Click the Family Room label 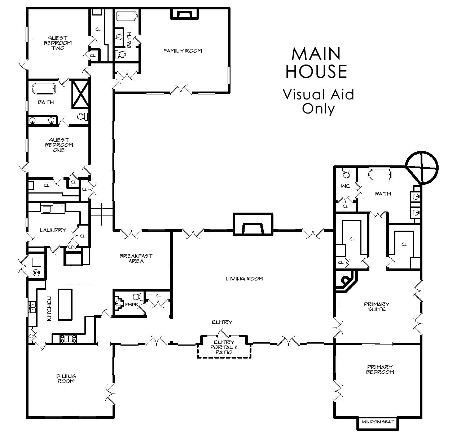[x=183, y=51]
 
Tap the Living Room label [x=245, y=279]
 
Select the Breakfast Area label [x=136, y=258]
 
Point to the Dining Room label [x=66, y=378]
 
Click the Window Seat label [x=378, y=422]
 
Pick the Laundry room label [x=53, y=230]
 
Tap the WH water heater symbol [x=36, y=272]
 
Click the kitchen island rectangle [x=65, y=305]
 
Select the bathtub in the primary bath [x=380, y=174]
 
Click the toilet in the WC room [x=346, y=173]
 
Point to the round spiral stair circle [x=422, y=168]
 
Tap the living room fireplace [x=253, y=225]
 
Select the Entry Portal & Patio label [x=224, y=347]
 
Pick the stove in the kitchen [x=68, y=338]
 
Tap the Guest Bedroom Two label [x=58, y=43]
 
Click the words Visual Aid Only [x=319, y=101]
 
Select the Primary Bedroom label [x=380, y=369]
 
